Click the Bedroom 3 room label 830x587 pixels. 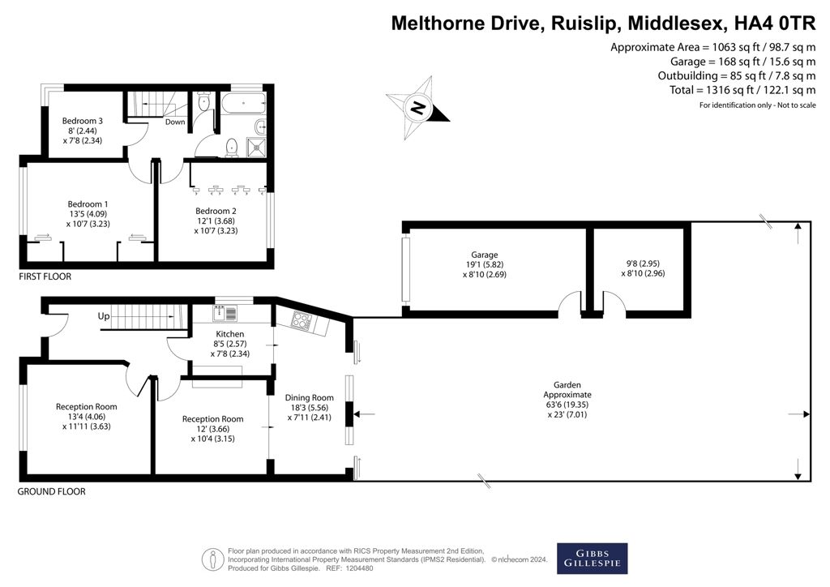pyautogui.click(x=82, y=121)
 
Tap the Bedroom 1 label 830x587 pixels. pyautogui.click(x=88, y=204)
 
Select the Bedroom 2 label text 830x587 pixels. pyautogui.click(x=216, y=211)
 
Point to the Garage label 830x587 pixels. pyautogui.click(x=485, y=255)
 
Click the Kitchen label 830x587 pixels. pyautogui.click(x=230, y=334)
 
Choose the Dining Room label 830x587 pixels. pyautogui.click(x=309, y=397)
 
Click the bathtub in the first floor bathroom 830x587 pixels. pyautogui.click(x=243, y=103)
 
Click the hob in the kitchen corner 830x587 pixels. pyautogui.click(x=302, y=321)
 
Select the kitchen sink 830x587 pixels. pyautogui.click(x=225, y=313)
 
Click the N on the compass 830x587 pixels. pyautogui.click(x=418, y=108)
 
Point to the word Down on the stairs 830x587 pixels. pyautogui.click(x=175, y=122)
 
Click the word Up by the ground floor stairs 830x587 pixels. pyautogui.click(x=104, y=316)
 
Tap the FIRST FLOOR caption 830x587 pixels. pyautogui.click(x=45, y=276)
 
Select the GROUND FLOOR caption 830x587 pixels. pyautogui.click(x=51, y=491)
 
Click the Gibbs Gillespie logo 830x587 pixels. pyautogui.click(x=593, y=559)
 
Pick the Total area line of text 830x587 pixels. pyautogui.click(x=742, y=90)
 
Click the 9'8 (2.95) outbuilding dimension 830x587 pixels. pyautogui.click(x=643, y=263)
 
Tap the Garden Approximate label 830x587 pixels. pyautogui.click(x=567, y=389)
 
